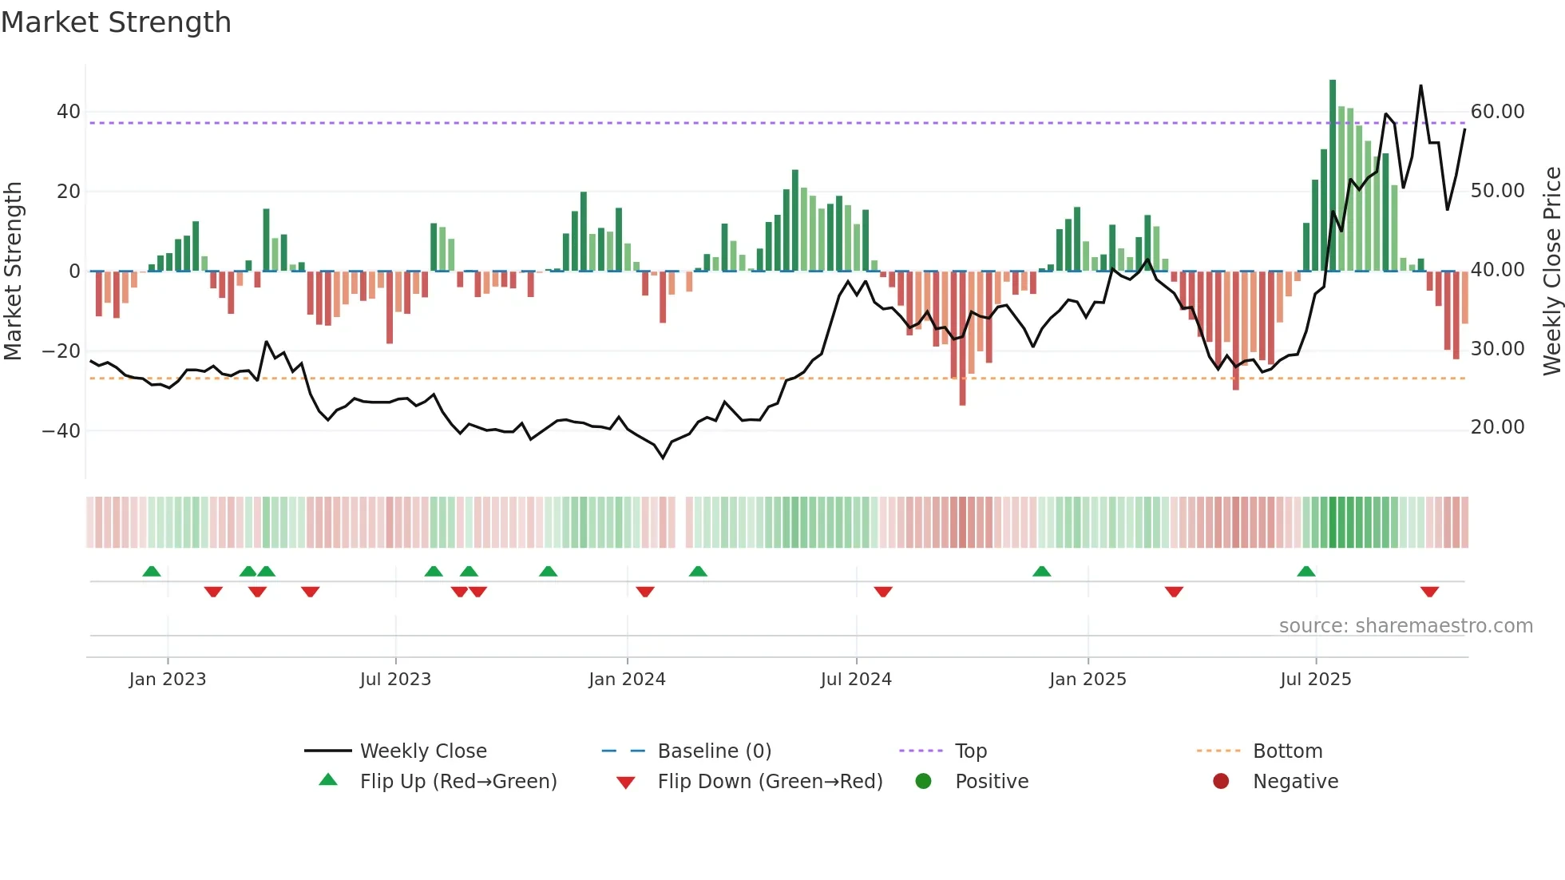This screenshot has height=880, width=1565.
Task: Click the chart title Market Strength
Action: tap(116, 22)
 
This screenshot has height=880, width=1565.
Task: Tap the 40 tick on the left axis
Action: tap(69, 112)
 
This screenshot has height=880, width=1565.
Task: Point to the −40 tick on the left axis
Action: tap(61, 431)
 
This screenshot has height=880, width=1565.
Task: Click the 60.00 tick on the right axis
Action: tap(1497, 112)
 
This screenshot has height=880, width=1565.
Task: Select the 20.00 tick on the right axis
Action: tap(1497, 427)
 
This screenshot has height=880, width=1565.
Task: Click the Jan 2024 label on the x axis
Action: tap(627, 680)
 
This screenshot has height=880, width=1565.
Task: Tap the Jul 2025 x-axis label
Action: tap(1315, 680)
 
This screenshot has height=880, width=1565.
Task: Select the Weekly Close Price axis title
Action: tap(1551, 272)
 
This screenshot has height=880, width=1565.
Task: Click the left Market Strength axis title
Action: tap(13, 272)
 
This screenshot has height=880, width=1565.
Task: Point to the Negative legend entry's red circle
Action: tap(1221, 782)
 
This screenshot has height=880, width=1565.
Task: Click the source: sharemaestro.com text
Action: tap(1405, 626)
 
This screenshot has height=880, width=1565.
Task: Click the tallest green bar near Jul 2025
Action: tap(1333, 176)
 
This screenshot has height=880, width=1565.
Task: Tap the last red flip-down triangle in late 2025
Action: tap(1429, 592)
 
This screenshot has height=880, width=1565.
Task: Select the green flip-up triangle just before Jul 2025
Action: tap(1306, 571)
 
